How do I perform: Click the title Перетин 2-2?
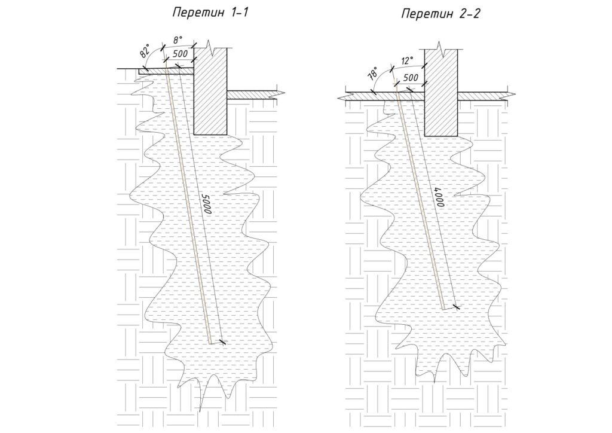coord(440,14)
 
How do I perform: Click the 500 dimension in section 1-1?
coord(180,54)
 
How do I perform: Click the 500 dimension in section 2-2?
coord(411,78)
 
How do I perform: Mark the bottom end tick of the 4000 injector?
coord(456,307)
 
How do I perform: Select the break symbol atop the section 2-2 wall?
coord(441,45)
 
